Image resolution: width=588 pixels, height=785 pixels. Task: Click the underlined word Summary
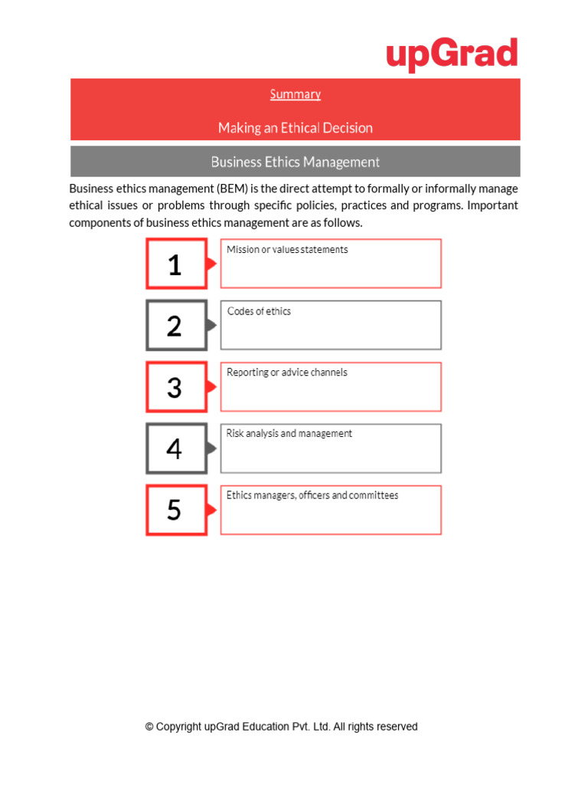click(295, 94)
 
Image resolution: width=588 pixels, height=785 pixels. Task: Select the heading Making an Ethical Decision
click(295, 128)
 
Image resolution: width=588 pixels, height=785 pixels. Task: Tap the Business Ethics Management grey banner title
click(295, 162)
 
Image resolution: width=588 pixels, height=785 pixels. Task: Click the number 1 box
click(176, 264)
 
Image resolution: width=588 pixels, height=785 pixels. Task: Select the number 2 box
click(176, 326)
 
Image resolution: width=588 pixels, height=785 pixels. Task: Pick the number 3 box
click(176, 387)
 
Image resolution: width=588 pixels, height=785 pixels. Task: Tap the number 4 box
click(176, 448)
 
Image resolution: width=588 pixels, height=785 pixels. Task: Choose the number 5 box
click(176, 510)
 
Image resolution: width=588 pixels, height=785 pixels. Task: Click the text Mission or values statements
click(287, 250)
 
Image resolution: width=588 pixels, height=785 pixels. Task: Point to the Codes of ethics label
click(259, 311)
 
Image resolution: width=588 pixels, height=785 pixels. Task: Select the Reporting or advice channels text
click(287, 373)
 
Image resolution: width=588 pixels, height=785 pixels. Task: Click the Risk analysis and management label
click(289, 434)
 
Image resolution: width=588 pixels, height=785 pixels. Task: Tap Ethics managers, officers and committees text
click(312, 495)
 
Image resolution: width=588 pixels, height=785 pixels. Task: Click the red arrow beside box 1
click(212, 264)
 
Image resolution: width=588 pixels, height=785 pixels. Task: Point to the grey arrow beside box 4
click(212, 448)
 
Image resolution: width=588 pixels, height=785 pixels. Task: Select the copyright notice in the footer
click(281, 727)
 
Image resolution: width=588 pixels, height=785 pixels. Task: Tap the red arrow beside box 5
click(212, 510)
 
